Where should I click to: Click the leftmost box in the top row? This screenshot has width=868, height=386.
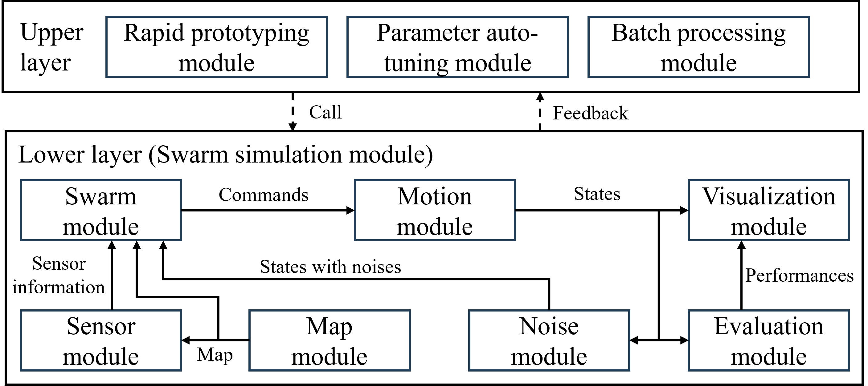click(x=217, y=47)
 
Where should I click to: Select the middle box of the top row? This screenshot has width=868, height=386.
click(x=458, y=47)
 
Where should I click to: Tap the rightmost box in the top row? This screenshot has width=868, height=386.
click(x=698, y=47)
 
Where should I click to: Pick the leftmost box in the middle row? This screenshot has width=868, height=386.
click(x=101, y=210)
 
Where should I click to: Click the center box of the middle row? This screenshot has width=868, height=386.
click(x=435, y=210)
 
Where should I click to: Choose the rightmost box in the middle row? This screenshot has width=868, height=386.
click(x=769, y=210)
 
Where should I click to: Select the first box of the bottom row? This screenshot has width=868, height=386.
click(x=101, y=340)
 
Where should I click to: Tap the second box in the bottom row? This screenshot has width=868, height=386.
click(x=330, y=340)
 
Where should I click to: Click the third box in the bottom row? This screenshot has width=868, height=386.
click(x=549, y=340)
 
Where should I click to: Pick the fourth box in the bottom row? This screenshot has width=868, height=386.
click(x=769, y=340)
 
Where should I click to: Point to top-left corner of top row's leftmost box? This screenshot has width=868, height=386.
click(x=106, y=17)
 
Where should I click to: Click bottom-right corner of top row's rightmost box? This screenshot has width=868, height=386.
click(x=809, y=77)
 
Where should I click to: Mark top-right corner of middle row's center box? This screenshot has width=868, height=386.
click(x=515, y=180)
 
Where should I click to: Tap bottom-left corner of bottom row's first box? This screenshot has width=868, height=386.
click(x=21, y=370)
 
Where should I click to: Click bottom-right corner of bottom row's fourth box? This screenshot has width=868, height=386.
click(x=849, y=370)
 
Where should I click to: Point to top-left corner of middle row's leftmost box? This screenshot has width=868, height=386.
click(x=21, y=180)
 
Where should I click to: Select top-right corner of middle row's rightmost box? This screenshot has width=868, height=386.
click(x=849, y=180)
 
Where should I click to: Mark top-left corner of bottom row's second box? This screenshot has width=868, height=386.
click(x=250, y=311)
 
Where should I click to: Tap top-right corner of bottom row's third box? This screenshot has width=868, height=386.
click(x=629, y=311)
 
